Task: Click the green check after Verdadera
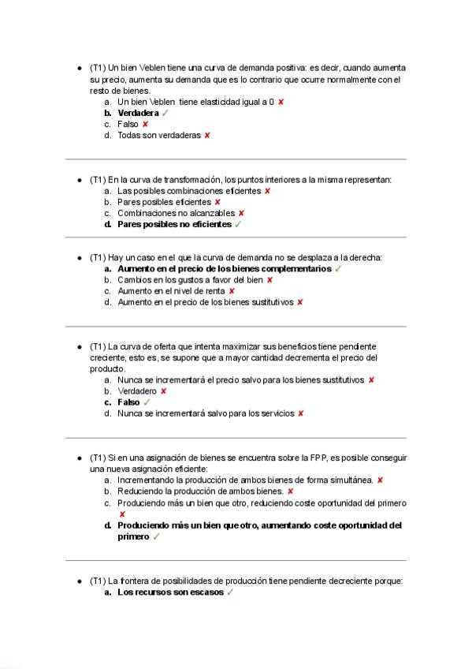point(165,114)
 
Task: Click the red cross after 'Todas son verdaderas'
point(206,136)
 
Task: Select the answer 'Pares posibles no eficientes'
point(174,224)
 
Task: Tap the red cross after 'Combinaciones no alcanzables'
point(241,213)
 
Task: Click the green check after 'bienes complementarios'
point(337,269)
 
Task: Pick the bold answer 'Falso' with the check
point(128,402)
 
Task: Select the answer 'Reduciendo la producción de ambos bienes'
point(200,491)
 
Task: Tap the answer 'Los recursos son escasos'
point(169,592)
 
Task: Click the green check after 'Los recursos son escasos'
point(230,592)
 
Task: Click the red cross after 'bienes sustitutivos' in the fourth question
point(371,380)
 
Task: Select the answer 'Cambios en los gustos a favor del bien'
point(190,280)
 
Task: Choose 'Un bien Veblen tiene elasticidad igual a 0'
point(195,103)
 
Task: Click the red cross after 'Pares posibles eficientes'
point(217,202)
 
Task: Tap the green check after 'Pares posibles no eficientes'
point(238,224)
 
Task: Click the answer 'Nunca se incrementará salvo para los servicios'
point(206,413)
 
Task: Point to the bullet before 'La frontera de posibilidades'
point(80,581)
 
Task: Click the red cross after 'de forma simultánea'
point(380,480)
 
